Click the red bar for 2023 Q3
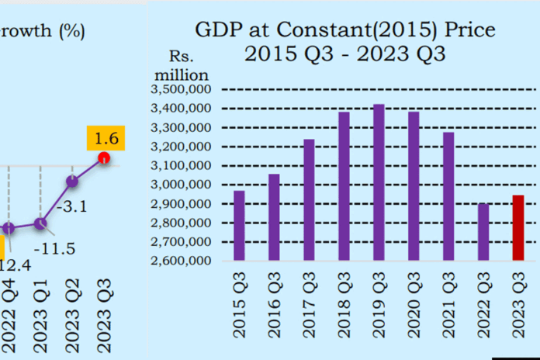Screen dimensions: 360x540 pos(518,228)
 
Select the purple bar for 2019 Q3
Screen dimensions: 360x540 pos(379,182)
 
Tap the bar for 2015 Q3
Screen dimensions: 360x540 pos(239,225)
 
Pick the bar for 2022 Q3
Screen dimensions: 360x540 pos(483,232)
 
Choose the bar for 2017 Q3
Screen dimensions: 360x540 pos(309,199)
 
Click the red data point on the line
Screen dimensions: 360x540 pos(103,159)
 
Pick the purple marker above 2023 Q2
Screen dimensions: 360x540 pos(72,182)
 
